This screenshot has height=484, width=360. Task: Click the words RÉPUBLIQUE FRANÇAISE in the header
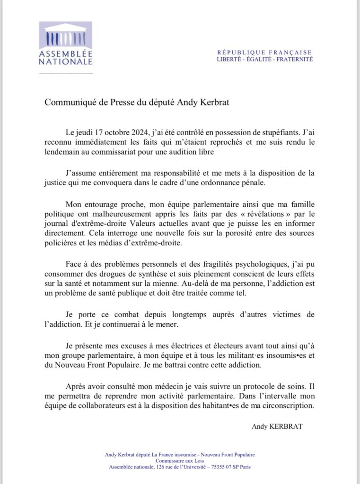click(x=264, y=52)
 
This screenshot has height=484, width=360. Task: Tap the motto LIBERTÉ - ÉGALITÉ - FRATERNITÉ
click(x=264, y=60)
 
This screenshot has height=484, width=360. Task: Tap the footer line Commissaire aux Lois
click(x=180, y=461)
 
